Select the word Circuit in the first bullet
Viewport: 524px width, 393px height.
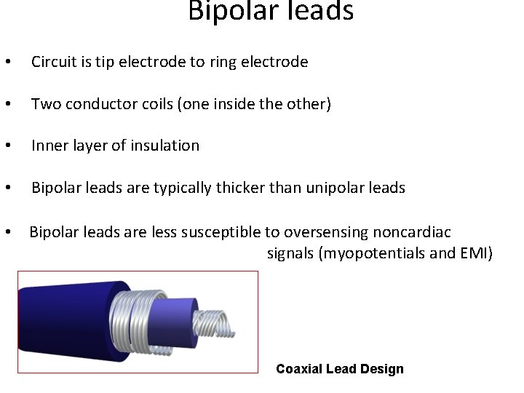[x=53, y=63]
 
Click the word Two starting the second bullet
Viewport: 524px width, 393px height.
[x=46, y=105]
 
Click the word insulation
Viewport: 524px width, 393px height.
[x=163, y=146]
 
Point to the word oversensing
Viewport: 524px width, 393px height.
[x=326, y=232]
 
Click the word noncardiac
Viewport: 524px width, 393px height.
[x=412, y=232]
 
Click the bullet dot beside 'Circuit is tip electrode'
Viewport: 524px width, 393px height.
[x=7, y=63]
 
